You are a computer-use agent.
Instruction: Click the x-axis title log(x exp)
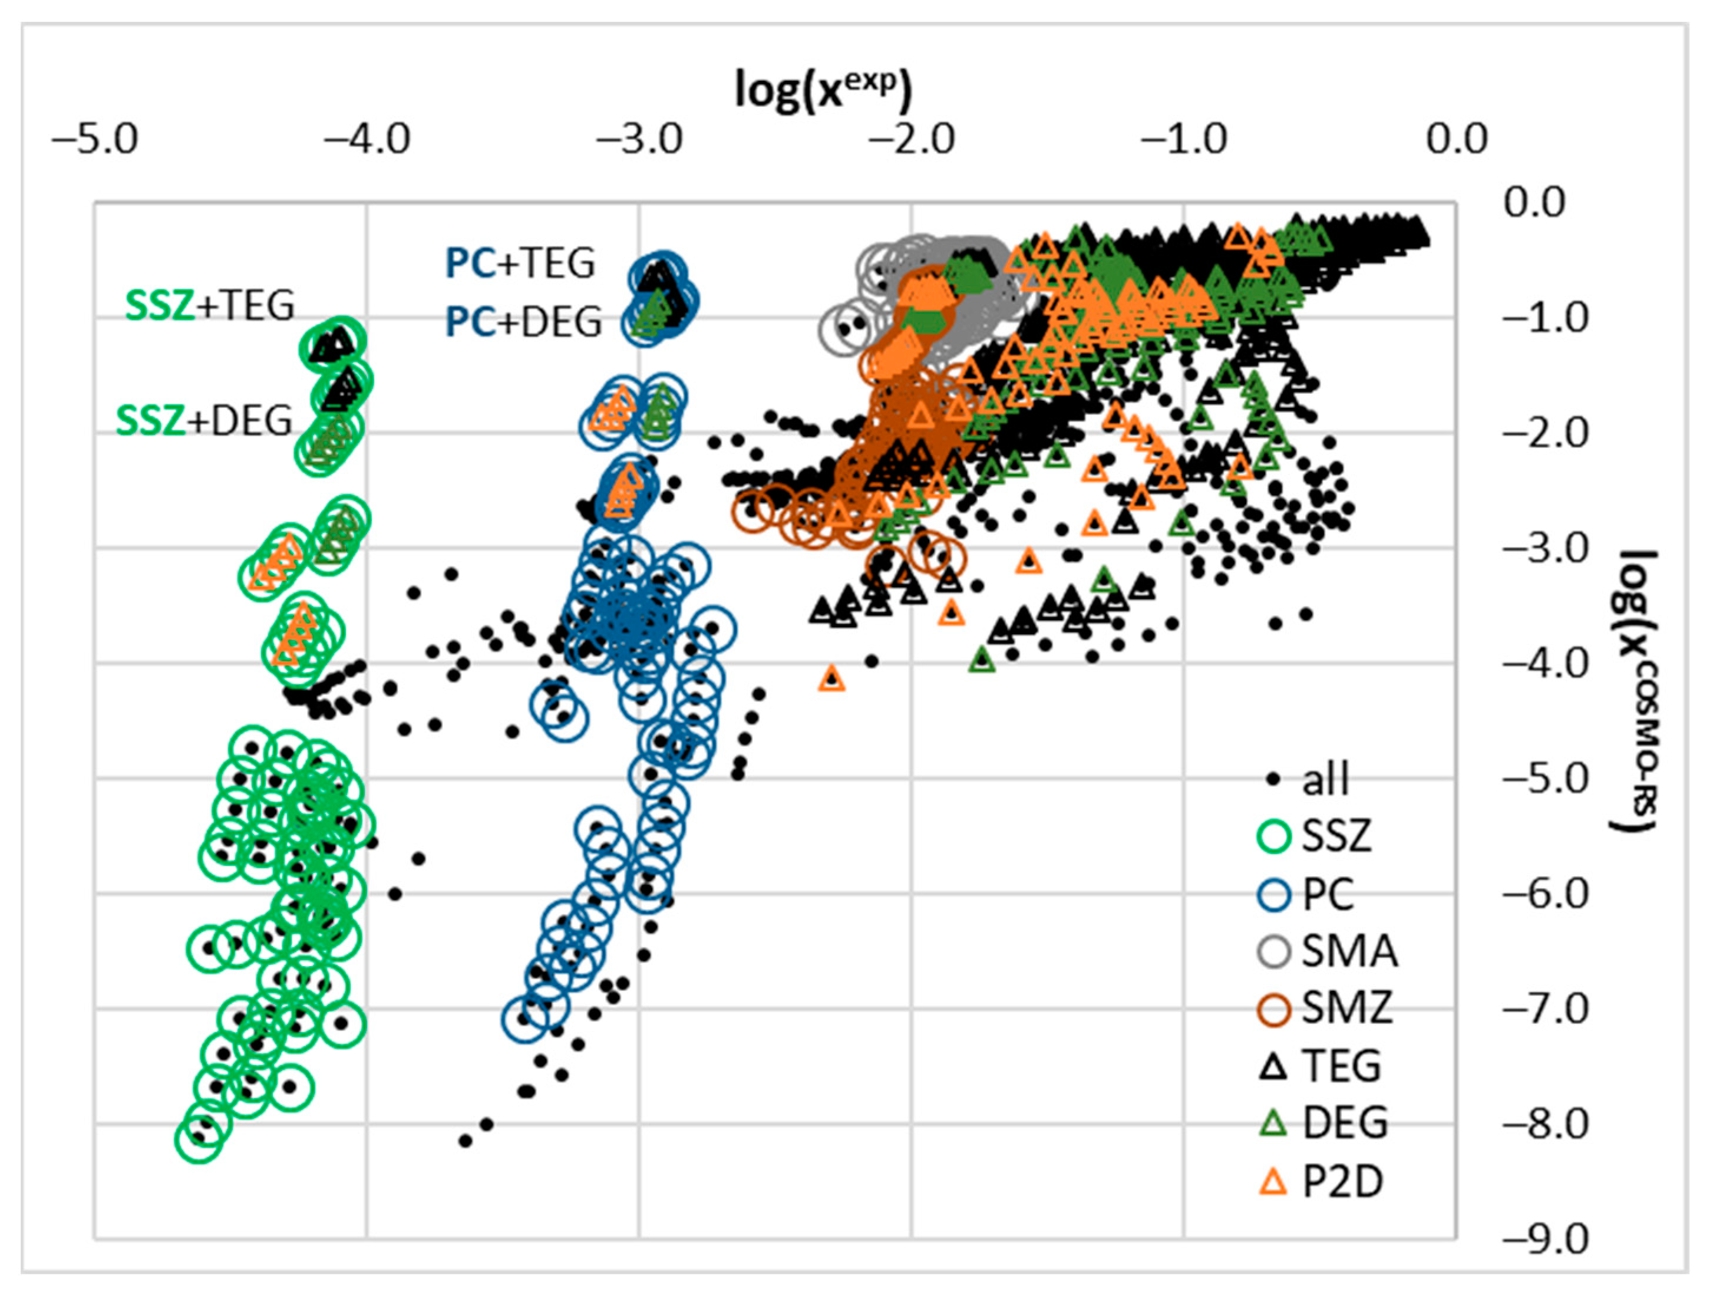[x=823, y=90]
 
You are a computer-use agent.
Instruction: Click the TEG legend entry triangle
[x=1273, y=1066]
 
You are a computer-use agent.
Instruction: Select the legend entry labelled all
[x=1311, y=779]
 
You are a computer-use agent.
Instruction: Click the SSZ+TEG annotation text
[x=210, y=305]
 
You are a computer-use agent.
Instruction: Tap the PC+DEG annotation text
[x=523, y=322]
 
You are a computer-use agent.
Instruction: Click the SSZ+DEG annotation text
[x=204, y=421]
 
